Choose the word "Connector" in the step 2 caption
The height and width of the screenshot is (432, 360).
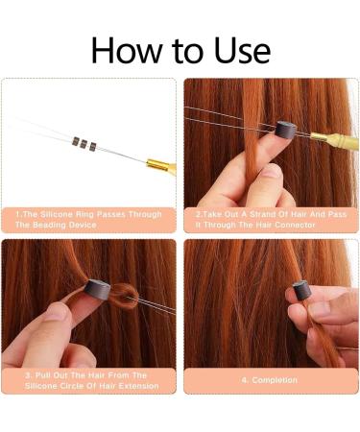302,224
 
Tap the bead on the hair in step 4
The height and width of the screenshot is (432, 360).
302,292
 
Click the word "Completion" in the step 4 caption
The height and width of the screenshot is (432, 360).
278,379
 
